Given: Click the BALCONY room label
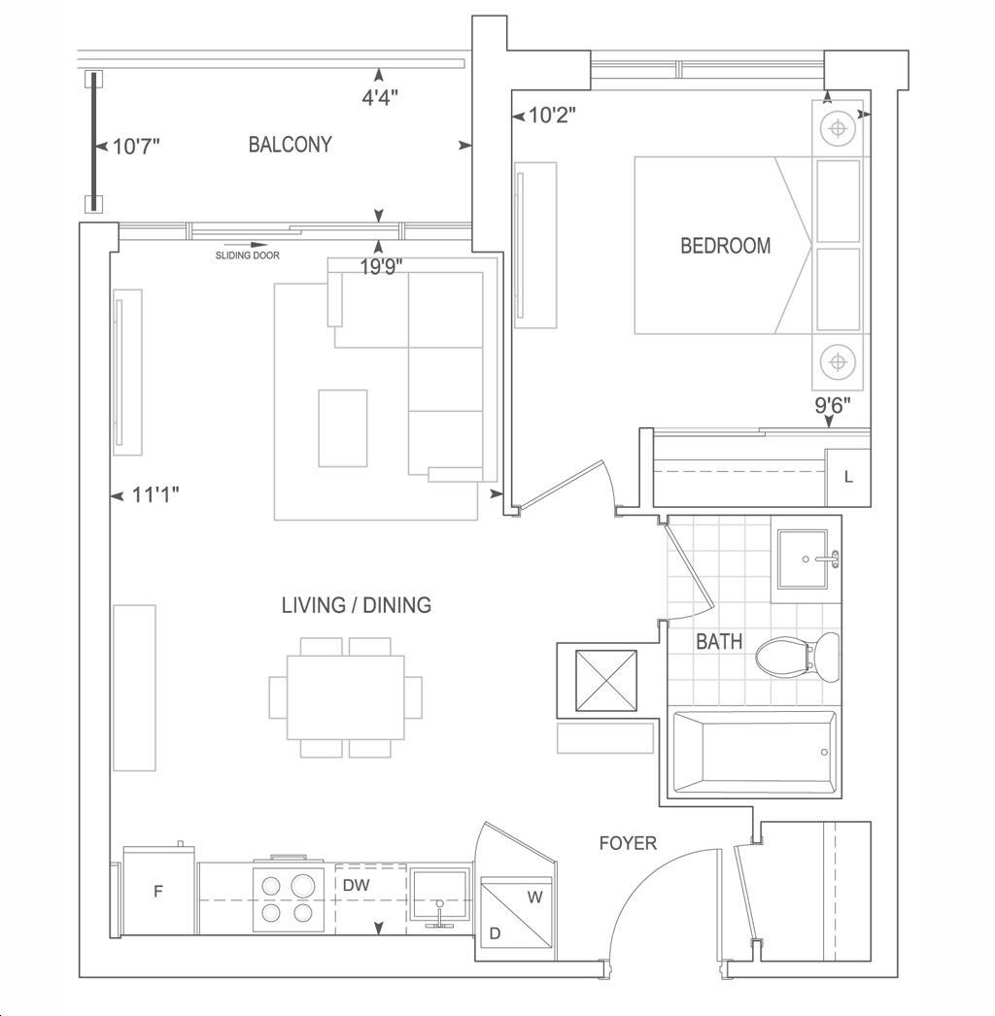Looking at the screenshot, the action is (290, 144).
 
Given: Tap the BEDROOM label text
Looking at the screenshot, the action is (725, 246).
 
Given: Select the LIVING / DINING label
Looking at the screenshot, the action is (356, 605).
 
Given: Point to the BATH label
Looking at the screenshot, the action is (719, 641).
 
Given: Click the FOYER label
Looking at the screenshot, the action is (628, 843).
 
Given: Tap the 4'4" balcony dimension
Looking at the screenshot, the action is (380, 97).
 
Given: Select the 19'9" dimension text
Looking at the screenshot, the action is (381, 266).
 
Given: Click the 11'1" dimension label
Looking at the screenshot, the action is (155, 495).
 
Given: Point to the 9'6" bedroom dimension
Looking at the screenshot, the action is (833, 405).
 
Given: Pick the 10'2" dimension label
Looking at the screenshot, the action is (552, 116).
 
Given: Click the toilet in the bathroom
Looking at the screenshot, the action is (798, 657).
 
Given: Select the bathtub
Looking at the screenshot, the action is (755, 752).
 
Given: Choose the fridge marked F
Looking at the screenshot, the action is (158, 891).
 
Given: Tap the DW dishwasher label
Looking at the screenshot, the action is (356, 885).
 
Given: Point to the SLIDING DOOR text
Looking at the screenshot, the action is (248, 255).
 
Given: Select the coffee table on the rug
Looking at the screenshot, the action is (343, 428).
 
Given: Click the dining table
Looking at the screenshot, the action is (346, 697).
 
